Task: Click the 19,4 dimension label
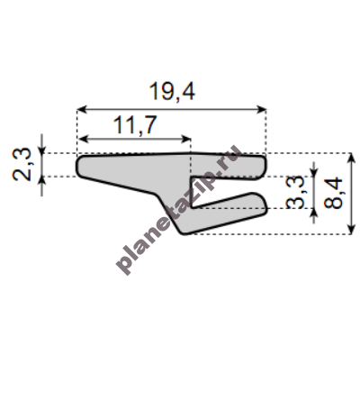[172, 92]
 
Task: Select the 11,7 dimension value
[135, 124]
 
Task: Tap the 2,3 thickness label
[22, 164]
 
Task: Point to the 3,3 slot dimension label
[295, 192]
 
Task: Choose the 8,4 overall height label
[333, 193]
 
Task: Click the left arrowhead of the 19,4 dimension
[82, 109]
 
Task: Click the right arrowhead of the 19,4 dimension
[261, 109]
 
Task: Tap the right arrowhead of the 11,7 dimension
[186, 139]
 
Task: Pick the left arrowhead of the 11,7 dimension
[83, 139]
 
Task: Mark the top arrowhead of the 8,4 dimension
[351, 158]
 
